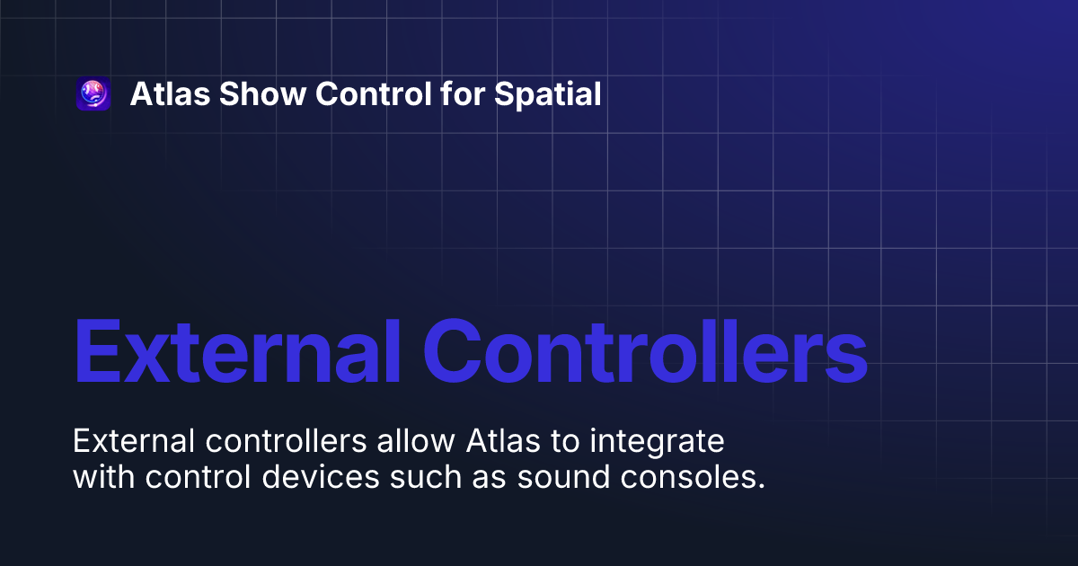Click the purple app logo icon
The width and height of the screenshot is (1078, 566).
(93, 94)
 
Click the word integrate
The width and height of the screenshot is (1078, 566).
(645, 443)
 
